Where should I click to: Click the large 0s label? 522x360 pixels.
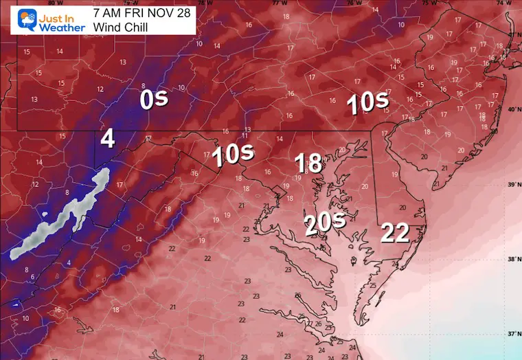[153, 100]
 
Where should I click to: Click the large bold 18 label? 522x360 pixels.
[308, 163]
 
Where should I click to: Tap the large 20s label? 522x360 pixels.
[324, 223]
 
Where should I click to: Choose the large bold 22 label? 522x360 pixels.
[395, 233]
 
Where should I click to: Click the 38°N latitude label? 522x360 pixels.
[512, 260]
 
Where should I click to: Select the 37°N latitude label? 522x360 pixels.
[512, 334]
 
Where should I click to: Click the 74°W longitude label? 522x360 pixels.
[507, 3]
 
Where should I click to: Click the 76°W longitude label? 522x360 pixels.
[354, 3]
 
